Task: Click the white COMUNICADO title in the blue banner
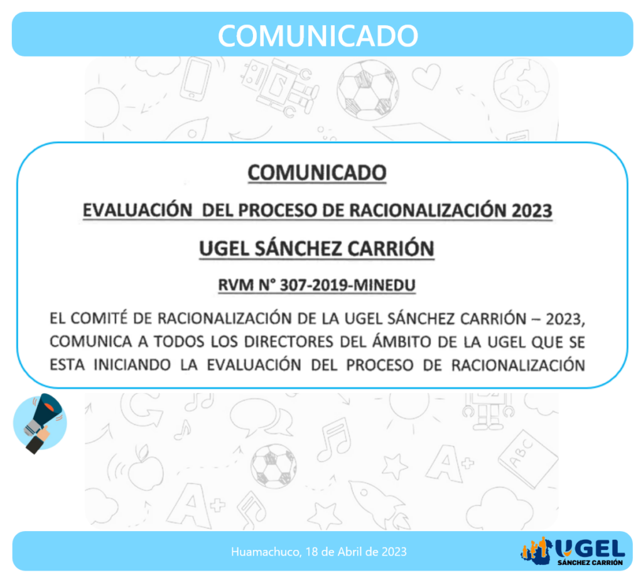[318, 36]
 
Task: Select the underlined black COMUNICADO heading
[317, 173]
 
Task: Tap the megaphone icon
[40, 422]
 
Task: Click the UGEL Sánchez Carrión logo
[573, 551]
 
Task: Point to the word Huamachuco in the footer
[266, 552]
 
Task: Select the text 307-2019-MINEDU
[348, 285]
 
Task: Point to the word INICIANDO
[132, 365]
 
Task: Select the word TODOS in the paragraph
[179, 342]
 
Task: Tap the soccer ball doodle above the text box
[367, 89]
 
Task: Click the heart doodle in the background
[426, 77]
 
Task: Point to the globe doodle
[521, 85]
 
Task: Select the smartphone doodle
[197, 80]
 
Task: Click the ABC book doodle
[527, 459]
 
